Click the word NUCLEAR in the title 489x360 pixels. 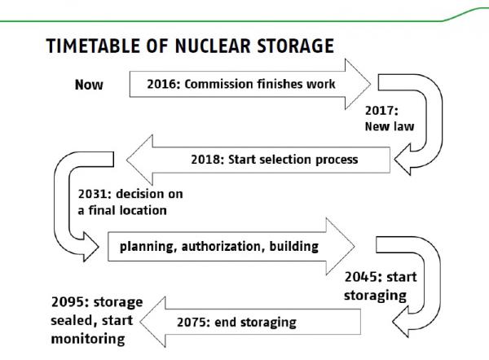pos(213,46)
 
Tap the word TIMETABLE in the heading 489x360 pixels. pos(93,46)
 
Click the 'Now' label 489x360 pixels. pos(89,85)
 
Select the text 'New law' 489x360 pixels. pos(390,126)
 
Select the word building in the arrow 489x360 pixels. pos(293,247)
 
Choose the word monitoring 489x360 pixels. pos(88,339)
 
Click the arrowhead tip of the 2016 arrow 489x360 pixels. pos(370,84)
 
